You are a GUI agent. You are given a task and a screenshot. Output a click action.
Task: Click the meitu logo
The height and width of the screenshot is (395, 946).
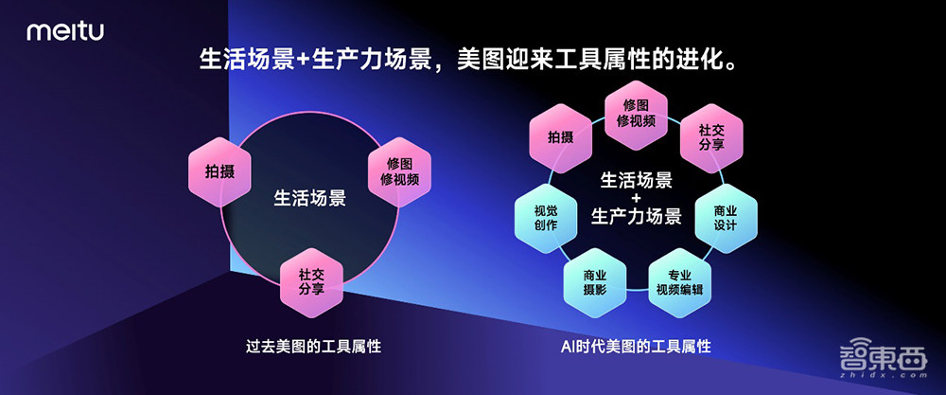point(64,33)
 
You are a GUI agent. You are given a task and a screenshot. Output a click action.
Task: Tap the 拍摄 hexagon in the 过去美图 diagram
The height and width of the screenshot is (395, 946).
point(219,172)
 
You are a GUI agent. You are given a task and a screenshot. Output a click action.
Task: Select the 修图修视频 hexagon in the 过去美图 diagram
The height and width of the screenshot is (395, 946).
point(399,171)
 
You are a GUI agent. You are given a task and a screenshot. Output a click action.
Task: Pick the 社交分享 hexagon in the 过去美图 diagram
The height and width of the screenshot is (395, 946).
point(311,281)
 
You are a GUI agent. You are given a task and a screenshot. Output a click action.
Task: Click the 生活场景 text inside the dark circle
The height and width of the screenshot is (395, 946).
point(310,199)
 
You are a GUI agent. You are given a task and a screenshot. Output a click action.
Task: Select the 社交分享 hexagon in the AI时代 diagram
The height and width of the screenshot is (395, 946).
point(712,137)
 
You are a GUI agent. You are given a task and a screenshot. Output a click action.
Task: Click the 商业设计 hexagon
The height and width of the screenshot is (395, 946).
point(726,217)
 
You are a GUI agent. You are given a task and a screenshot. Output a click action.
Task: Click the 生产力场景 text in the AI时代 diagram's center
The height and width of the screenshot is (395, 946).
point(635,217)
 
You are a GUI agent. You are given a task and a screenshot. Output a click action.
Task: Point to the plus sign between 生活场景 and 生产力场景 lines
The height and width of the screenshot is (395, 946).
point(635,197)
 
